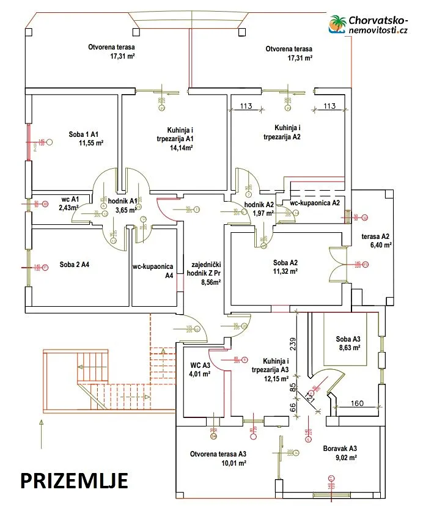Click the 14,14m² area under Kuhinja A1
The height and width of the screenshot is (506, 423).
coord(182,147)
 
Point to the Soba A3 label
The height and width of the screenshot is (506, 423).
coord(348,339)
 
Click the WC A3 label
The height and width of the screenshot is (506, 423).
coord(198,365)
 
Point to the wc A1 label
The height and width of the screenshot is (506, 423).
coord(71,199)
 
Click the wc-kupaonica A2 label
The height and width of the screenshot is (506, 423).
coord(314,202)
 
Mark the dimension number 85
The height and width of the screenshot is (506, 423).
coord(292,386)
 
